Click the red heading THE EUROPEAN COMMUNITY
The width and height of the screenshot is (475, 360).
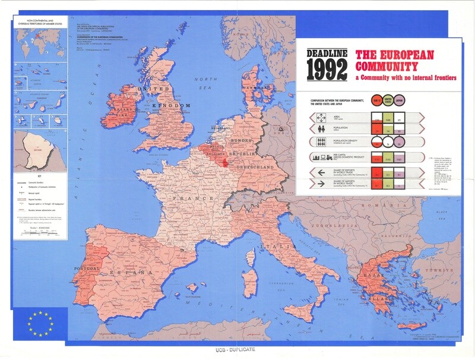[394, 59]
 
